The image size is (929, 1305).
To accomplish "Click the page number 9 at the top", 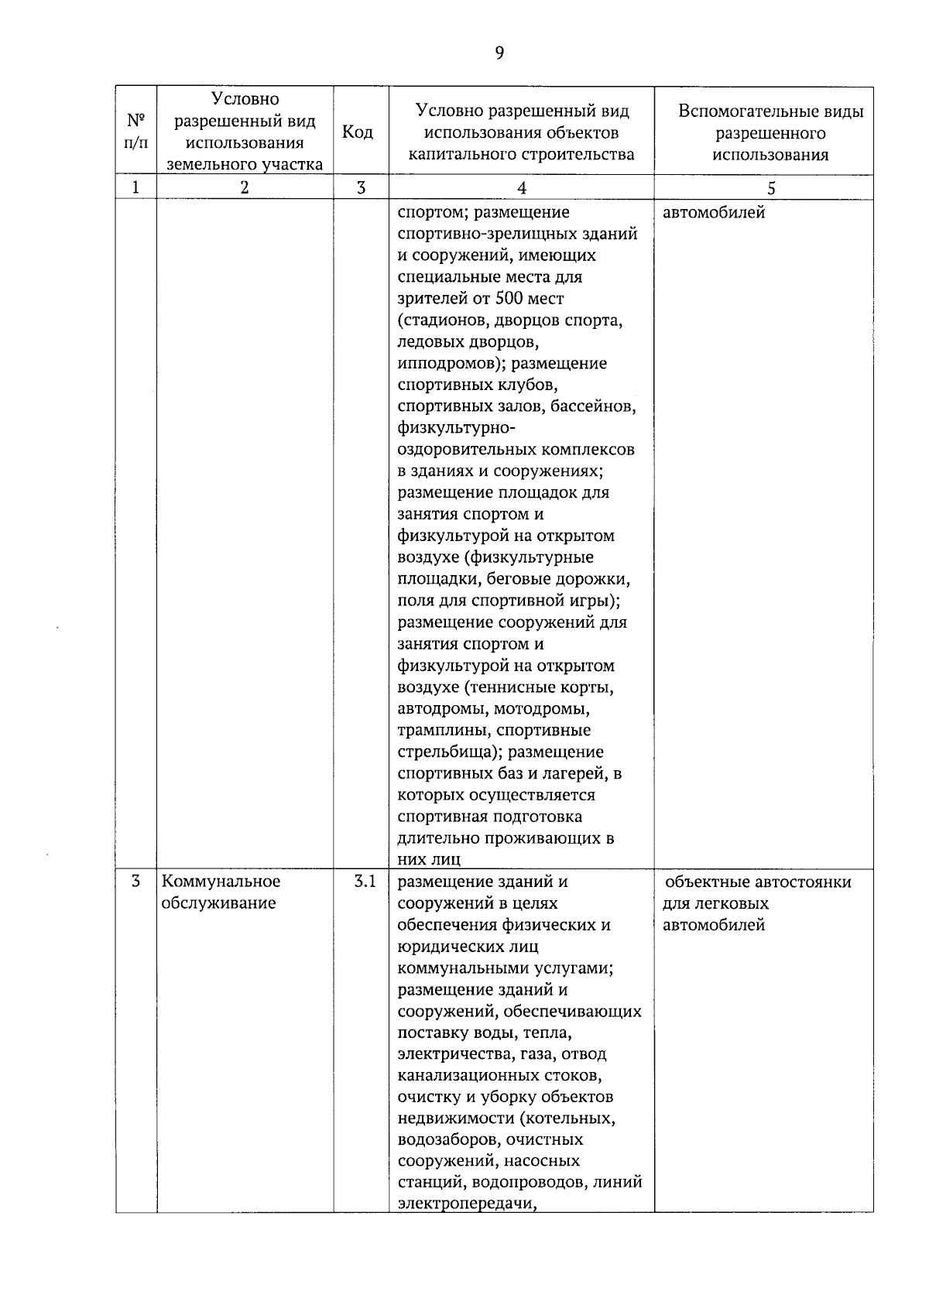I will coord(499,53).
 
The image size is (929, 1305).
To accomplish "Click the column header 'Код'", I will coord(357,132).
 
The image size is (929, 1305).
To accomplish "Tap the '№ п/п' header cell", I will coord(135,132).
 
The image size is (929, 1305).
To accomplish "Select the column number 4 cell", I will coord(521,188).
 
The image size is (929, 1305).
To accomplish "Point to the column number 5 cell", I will coord(770,188).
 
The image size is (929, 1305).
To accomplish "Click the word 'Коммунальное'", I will coord(221,881).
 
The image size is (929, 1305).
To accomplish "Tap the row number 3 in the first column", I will coord(135,881).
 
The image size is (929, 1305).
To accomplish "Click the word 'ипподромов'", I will coord(446,363).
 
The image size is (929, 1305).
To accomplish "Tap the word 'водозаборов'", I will coord(447,1139).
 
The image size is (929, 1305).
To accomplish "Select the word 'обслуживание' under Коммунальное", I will coord(219,903).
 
